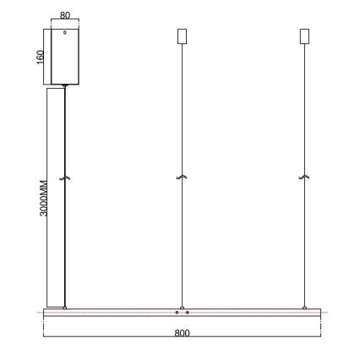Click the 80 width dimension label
click(x=65, y=16)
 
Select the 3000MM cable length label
click(x=44, y=196)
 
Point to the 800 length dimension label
click(x=181, y=333)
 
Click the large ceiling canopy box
click(x=65, y=57)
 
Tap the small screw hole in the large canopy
click(x=65, y=34)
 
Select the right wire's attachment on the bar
click(x=304, y=307)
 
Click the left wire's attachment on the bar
click(x=65, y=307)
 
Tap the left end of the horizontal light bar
click(x=45, y=313)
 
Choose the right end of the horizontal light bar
click(x=321, y=313)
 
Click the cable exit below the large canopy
click(x=65, y=85)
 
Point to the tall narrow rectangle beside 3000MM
click(x=55, y=196)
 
